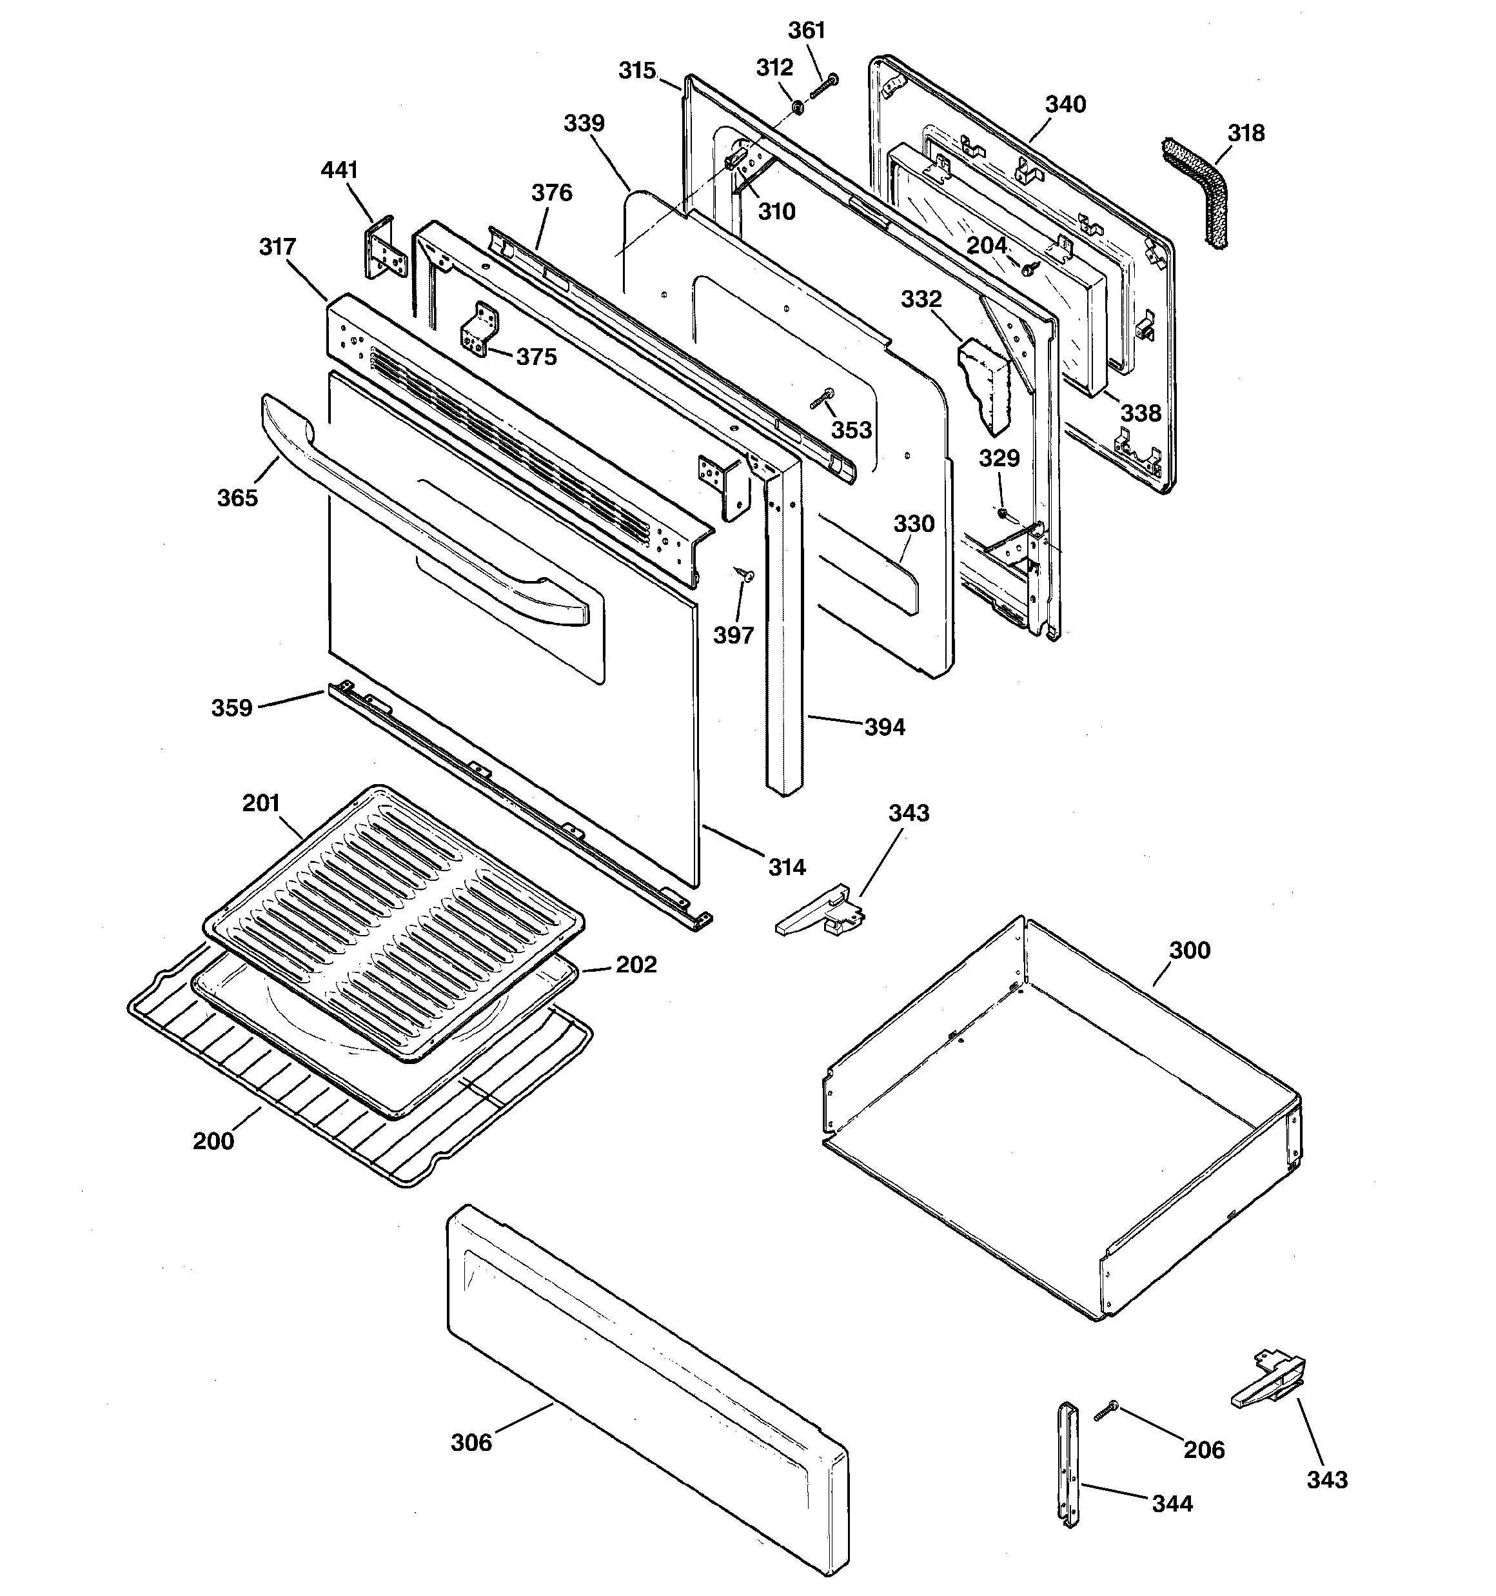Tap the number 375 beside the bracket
(536, 357)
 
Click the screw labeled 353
(822, 399)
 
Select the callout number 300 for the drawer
(1189, 950)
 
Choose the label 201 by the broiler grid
(261, 803)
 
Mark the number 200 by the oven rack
(213, 1141)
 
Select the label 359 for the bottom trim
(231, 708)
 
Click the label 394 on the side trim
(884, 727)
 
